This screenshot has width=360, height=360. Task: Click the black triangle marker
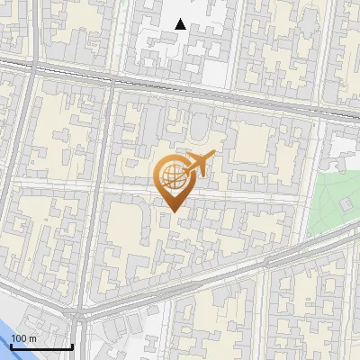coord(181,24)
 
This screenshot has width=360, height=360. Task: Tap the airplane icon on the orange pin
coord(196,164)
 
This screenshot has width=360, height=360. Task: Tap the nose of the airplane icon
coord(211,157)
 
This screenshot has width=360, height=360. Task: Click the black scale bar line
coord(41,346)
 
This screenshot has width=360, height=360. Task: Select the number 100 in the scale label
coord(20,338)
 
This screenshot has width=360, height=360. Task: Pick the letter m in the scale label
coord(33,338)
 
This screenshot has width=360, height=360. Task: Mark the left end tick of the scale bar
coord(12,345)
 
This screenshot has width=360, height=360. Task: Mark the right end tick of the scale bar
coord(72,345)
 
